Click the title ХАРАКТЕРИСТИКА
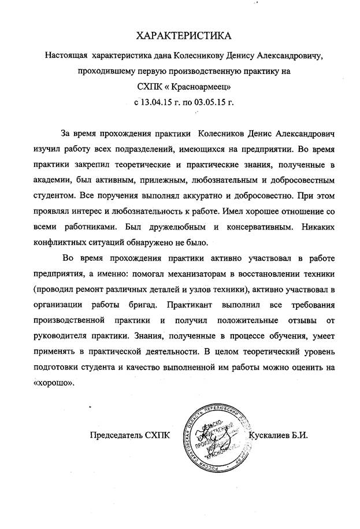183,36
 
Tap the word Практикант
197,304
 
